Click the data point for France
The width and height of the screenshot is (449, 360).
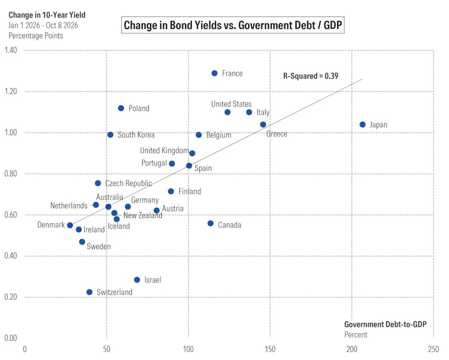tap(215, 73)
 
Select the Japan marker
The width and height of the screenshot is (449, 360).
tap(362, 125)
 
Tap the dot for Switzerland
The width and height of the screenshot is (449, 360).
tap(89, 292)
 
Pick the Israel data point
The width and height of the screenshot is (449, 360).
tap(137, 280)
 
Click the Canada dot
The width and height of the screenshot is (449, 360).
tap(210, 223)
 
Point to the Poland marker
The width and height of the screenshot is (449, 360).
tap(121, 108)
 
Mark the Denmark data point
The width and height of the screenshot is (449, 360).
tap(70, 225)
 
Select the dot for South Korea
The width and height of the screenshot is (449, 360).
tap(110, 135)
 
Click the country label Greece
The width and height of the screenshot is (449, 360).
tap(276, 134)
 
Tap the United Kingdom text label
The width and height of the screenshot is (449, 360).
tap(164, 150)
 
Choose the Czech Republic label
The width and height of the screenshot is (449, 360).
tap(129, 184)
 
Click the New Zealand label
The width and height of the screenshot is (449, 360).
tap(143, 215)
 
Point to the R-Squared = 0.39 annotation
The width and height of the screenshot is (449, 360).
tap(311, 76)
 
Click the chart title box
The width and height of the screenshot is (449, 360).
tap(233, 25)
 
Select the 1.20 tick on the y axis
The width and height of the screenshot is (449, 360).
tap(11, 91)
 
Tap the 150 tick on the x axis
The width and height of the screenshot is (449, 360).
tap(270, 349)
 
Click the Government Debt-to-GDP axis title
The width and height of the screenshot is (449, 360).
tap(385, 324)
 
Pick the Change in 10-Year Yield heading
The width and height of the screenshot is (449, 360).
tap(47, 15)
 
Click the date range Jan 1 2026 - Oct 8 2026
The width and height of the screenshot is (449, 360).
tap(43, 25)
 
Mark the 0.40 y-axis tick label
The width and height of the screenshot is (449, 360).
tap(11, 256)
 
